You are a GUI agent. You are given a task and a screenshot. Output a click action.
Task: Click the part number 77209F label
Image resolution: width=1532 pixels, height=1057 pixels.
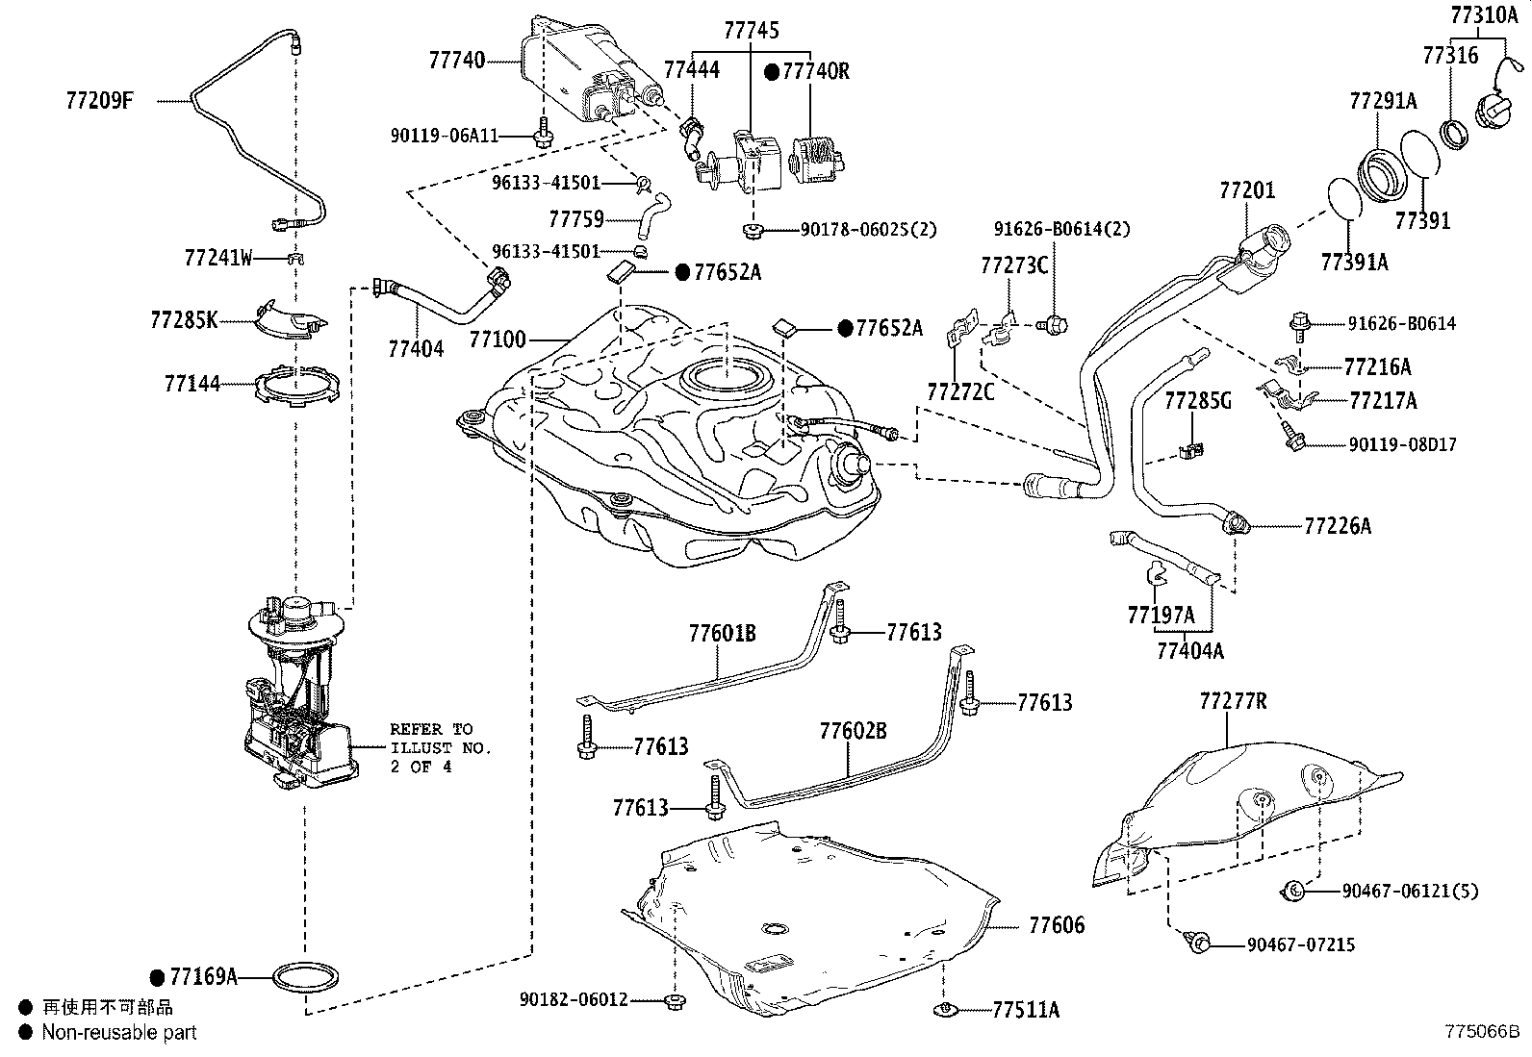(100, 101)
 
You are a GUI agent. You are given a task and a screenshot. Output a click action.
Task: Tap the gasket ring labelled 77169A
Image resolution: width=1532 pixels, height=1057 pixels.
(305, 977)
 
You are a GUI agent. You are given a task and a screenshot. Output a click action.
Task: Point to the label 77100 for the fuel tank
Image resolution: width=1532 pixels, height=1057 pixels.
(498, 340)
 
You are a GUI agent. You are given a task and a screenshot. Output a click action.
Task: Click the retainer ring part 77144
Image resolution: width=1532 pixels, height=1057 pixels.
(296, 386)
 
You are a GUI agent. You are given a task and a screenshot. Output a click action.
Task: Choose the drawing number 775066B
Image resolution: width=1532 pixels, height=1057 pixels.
(1482, 1031)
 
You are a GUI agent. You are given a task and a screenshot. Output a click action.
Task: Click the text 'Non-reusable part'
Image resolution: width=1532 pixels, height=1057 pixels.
(119, 1032)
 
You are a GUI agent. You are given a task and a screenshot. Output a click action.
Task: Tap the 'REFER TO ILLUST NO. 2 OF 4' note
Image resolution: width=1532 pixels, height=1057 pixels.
(441, 748)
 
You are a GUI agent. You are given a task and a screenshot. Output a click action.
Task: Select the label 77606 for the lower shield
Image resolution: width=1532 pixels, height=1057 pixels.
(1057, 925)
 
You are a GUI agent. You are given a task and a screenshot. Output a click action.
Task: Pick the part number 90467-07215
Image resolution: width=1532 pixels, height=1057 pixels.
(1301, 944)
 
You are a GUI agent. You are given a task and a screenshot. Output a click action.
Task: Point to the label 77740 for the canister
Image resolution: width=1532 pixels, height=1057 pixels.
(457, 61)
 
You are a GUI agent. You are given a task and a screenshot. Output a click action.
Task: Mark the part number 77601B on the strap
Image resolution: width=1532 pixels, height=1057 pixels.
(723, 634)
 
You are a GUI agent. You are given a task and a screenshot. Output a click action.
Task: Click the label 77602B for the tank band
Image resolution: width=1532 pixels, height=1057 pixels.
(853, 731)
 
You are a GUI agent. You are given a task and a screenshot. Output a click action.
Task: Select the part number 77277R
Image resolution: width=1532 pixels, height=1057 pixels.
(1233, 701)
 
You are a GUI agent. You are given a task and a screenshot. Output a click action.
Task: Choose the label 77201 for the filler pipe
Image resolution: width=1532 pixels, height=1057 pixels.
(1247, 190)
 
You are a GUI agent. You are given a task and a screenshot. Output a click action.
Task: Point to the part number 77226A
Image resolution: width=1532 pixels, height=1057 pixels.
(1338, 526)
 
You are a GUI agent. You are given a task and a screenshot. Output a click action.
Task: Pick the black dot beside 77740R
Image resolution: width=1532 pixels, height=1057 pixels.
(772, 72)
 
